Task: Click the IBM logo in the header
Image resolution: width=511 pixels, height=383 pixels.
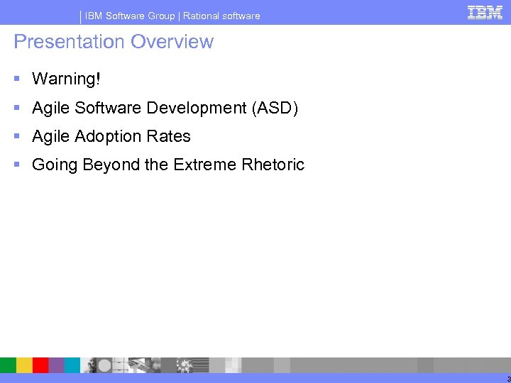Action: (x=485, y=12)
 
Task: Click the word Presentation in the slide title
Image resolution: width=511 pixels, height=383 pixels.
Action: (x=58, y=42)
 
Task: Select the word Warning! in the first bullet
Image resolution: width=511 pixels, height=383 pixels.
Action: (x=66, y=79)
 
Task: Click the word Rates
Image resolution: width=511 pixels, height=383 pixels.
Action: (x=170, y=136)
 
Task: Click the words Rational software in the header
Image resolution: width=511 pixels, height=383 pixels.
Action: (x=221, y=16)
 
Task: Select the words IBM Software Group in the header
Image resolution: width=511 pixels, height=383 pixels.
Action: (x=130, y=16)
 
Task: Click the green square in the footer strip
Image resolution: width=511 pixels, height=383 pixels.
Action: (x=8, y=365)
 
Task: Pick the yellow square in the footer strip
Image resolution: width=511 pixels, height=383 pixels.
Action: (x=24, y=365)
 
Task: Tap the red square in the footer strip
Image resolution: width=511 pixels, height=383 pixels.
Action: (x=40, y=365)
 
